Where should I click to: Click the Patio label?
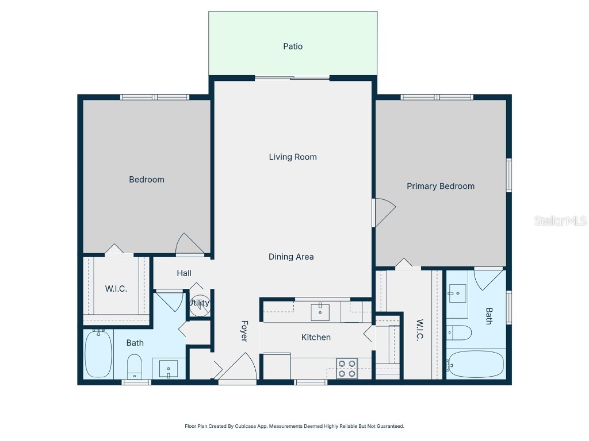293,47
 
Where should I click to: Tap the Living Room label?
293,157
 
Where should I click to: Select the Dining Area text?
291,257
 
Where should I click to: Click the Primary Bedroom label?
441,186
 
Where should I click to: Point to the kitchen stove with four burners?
346,368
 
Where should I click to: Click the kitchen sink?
320,312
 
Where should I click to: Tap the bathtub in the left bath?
97,354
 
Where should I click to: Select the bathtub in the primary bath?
476,364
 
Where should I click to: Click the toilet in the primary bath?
460,332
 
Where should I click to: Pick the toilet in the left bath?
134,366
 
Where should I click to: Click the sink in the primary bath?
458,295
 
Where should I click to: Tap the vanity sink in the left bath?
169,368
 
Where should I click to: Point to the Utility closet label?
200,303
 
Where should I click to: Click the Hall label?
184,273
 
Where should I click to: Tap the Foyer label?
244,331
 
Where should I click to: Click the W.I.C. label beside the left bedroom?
116,289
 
